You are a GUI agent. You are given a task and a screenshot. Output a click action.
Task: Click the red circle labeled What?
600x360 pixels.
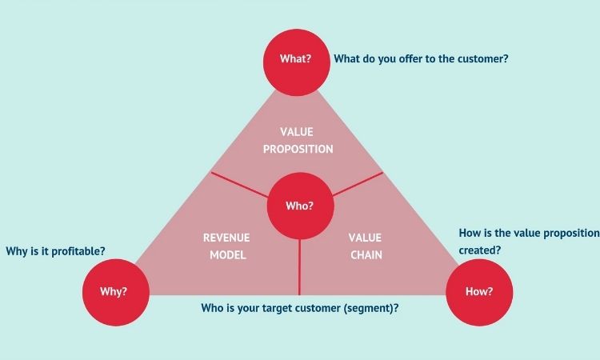tap(297, 62)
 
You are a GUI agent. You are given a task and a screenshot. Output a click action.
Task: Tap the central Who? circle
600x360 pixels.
tap(300, 206)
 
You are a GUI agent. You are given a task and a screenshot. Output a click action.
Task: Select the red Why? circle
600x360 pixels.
tap(116, 292)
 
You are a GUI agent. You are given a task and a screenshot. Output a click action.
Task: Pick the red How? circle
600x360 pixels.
tap(479, 292)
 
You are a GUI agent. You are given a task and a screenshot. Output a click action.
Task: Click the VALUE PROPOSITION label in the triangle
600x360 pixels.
tap(298, 141)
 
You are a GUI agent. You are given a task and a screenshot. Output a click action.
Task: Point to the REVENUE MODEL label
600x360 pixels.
tap(226, 246)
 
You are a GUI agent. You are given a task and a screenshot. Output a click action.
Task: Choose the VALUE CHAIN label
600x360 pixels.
tap(366, 246)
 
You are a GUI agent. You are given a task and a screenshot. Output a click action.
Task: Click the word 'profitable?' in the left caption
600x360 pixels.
tap(78, 251)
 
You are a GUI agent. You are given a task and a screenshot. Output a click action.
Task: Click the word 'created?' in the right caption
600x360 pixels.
tap(480, 250)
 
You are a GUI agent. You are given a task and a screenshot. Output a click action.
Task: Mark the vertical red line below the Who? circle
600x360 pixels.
tap(299, 267)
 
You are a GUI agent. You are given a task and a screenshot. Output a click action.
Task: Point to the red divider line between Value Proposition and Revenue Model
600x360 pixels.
tap(239, 184)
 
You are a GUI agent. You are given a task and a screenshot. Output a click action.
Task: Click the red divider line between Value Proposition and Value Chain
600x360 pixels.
tap(358, 184)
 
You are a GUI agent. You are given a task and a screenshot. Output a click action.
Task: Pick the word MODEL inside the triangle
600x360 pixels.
tap(228, 255)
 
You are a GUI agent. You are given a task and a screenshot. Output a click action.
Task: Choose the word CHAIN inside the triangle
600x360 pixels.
tap(366, 255)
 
